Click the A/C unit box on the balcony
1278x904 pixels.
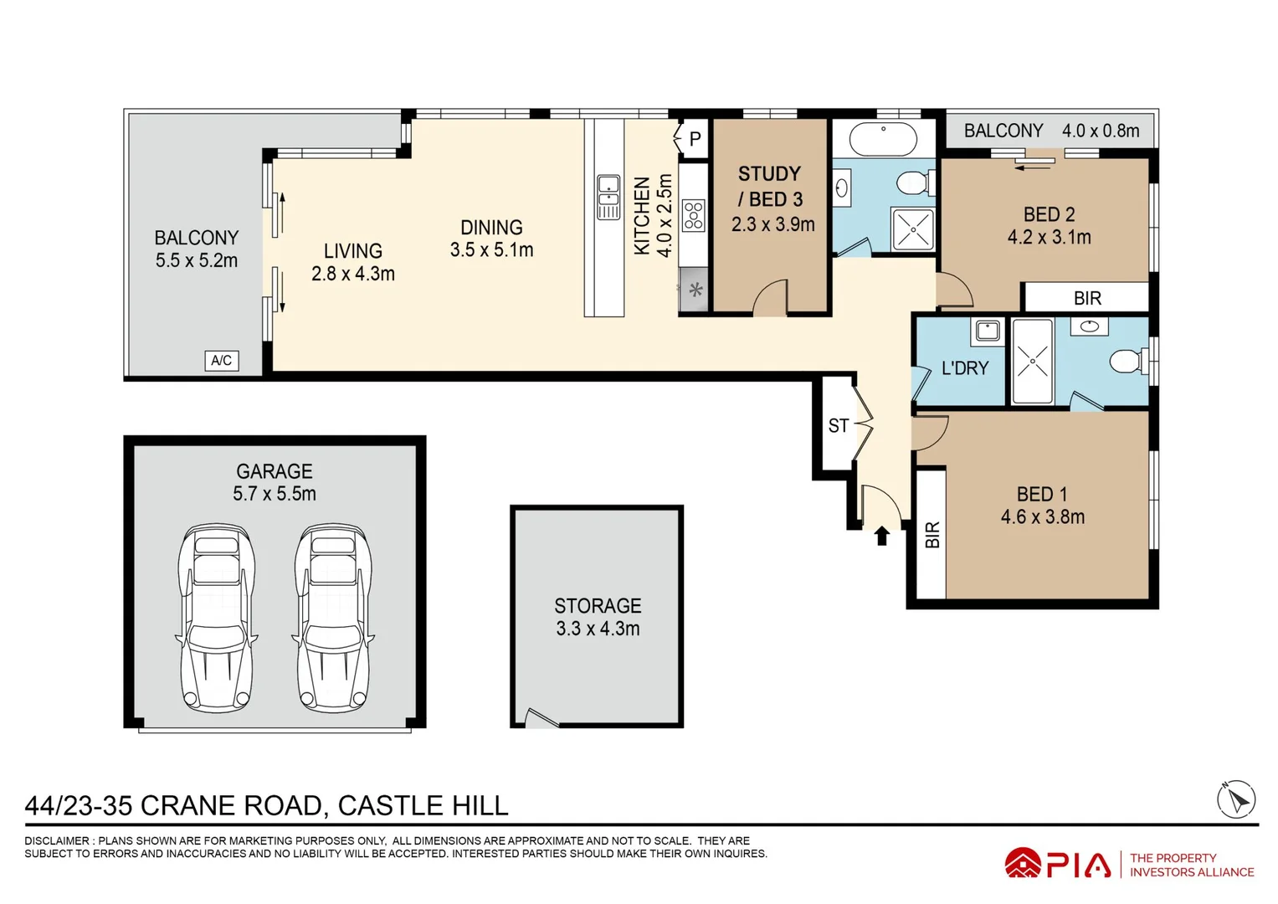point(221,361)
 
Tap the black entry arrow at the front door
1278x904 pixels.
point(882,536)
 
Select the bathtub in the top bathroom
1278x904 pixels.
point(883,139)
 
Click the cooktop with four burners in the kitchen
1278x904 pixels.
point(694,216)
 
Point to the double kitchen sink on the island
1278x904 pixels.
point(608,198)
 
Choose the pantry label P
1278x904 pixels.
point(695,139)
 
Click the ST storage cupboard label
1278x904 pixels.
point(838,426)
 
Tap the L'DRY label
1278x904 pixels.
point(965,368)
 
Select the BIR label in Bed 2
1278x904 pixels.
point(1087,298)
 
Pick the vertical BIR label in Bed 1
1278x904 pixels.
point(932,535)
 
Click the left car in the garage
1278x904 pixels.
point(216,618)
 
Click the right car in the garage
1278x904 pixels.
point(332,618)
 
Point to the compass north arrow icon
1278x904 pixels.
point(1236,799)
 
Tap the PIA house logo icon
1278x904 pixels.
point(1023,863)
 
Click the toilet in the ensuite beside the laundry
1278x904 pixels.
point(1127,362)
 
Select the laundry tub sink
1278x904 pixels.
point(988,331)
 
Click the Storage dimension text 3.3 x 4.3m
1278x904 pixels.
point(598,629)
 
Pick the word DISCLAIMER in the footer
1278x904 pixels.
point(56,840)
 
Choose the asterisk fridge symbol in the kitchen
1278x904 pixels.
point(695,290)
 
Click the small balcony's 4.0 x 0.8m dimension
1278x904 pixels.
point(1101,131)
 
